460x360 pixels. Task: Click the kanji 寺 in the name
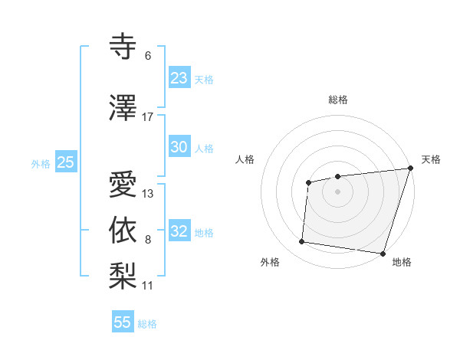tap(124, 47)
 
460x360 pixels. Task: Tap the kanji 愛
tap(124, 186)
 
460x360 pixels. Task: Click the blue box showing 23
tap(179, 78)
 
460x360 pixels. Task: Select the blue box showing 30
tap(179, 148)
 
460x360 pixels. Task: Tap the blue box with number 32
tap(179, 232)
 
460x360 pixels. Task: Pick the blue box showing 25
tap(65, 162)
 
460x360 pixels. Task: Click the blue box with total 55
tap(122, 322)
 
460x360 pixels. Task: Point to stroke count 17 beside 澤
tap(148, 117)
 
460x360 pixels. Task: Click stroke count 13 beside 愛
tap(148, 194)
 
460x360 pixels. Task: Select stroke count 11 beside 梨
tap(148, 286)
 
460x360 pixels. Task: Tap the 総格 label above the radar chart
tap(337, 100)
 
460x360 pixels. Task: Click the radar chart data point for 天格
tap(410, 169)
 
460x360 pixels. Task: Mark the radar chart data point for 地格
tap(383, 254)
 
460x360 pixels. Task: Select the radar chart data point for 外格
tap(301, 242)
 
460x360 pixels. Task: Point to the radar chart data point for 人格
tap(308, 182)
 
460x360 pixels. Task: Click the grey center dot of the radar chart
tap(337, 191)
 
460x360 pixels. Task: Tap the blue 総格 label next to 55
tap(147, 324)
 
